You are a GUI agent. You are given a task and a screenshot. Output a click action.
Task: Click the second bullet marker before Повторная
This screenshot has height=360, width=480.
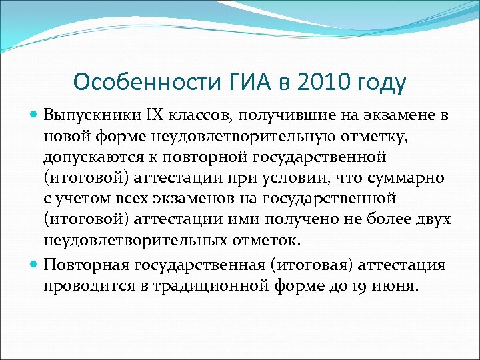pos(35,265)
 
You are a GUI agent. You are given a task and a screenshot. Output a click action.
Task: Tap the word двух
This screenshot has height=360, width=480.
pos(433,220)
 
